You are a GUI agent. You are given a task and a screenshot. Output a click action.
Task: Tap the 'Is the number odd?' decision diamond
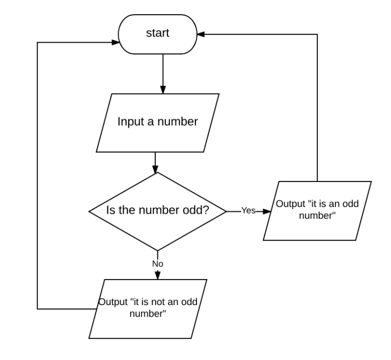(x=157, y=211)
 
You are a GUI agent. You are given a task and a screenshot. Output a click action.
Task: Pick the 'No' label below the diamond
(x=157, y=264)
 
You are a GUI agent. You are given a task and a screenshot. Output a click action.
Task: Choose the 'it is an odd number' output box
(x=318, y=211)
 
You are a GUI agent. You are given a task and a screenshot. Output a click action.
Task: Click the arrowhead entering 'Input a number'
(x=162, y=90)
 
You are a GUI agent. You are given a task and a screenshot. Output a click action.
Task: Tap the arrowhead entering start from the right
(x=201, y=35)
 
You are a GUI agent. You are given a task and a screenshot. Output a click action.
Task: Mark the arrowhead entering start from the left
(x=115, y=43)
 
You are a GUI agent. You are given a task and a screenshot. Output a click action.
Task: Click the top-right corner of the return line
(x=318, y=35)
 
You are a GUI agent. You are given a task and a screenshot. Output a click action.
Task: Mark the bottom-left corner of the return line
(x=38, y=308)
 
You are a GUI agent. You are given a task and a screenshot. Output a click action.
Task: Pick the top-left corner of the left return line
(x=38, y=43)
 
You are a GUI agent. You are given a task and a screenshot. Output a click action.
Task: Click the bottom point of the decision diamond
(x=157, y=250)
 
